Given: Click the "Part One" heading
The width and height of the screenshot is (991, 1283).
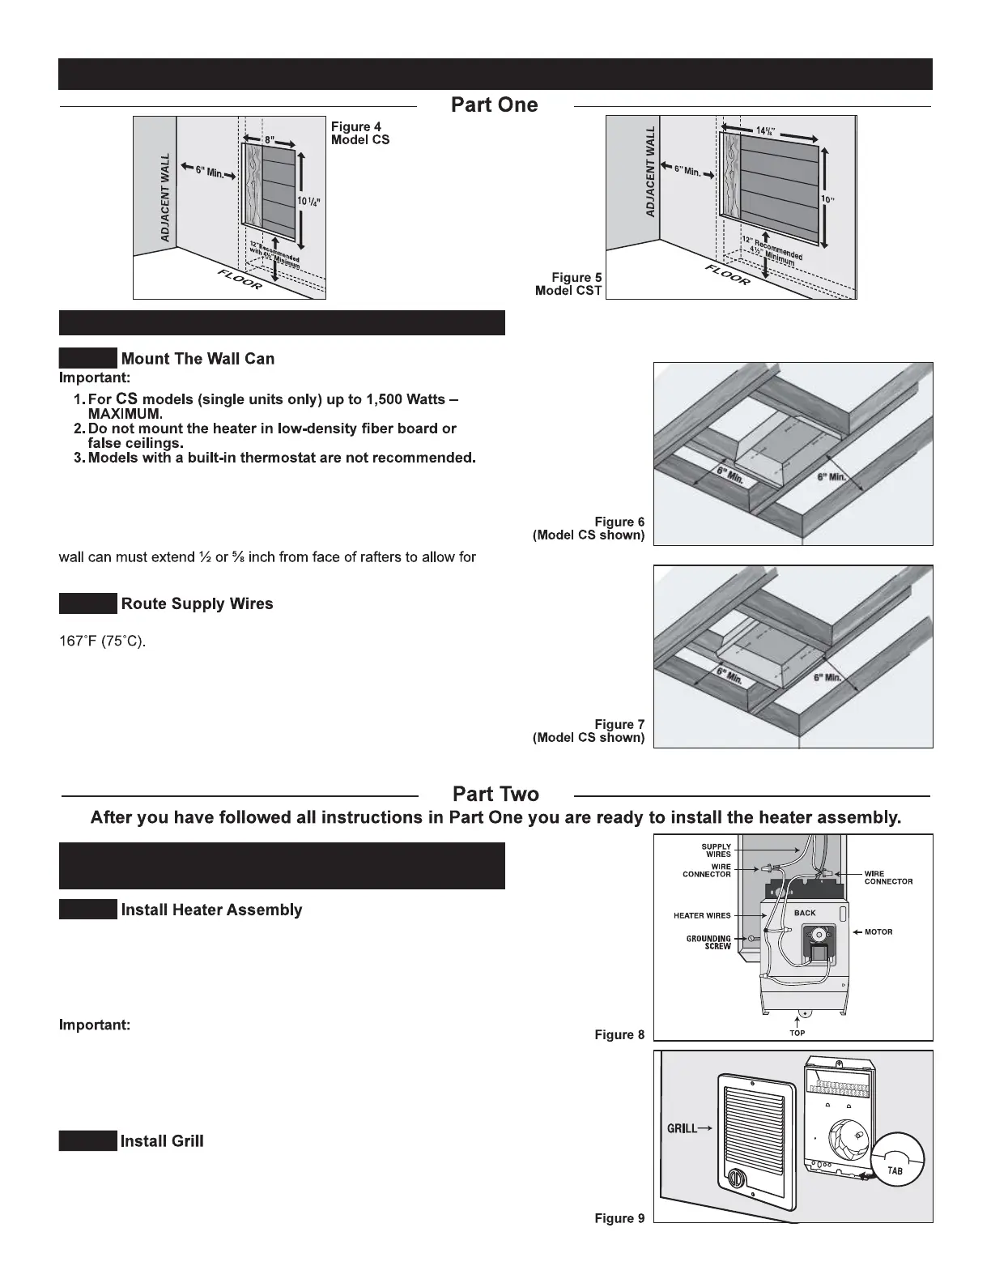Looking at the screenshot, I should point(494,105).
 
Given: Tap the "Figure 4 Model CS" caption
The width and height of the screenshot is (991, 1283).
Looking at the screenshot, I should point(360,133).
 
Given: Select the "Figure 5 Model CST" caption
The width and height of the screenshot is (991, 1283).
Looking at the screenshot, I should point(568,283).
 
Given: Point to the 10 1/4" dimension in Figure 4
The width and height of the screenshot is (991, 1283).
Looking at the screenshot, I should point(310,201).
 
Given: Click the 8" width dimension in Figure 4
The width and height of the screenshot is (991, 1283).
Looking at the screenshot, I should point(270,139).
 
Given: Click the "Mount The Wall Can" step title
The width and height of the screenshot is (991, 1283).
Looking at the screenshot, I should point(198,359).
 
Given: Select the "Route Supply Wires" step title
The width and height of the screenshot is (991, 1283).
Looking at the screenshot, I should point(197,603).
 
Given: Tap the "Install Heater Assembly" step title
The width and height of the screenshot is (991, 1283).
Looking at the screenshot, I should point(211,910).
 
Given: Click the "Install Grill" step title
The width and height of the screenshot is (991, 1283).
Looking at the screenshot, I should point(162,1141).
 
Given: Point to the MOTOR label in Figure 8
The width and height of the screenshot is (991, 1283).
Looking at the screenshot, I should point(878,932).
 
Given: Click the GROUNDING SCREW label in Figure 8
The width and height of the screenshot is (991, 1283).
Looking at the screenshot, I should point(708,942).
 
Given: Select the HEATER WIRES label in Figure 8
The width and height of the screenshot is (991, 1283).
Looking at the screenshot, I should point(702,916).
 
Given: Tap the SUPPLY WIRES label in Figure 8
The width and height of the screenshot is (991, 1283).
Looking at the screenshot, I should point(717,850).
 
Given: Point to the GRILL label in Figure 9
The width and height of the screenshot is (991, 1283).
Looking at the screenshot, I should point(682,1127).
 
